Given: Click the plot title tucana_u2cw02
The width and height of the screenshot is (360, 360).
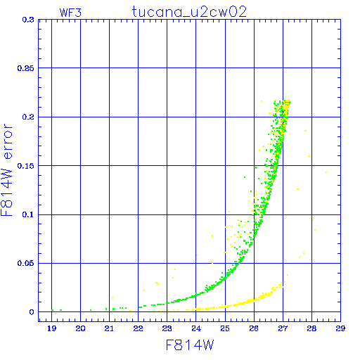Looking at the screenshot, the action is point(189,12).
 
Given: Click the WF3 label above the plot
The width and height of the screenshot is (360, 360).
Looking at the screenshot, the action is point(70,13).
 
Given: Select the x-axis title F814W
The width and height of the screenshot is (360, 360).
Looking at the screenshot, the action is point(190,345).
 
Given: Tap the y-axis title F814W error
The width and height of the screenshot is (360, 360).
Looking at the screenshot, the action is point(6,170).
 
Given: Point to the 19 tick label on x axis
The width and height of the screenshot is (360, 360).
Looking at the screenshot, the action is point(52,328).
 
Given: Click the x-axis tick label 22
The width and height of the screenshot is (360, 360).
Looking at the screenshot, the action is point(139,328).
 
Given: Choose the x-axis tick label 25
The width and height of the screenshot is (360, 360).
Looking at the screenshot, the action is point(225,328).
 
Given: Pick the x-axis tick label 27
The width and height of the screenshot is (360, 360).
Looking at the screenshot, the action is point(283,328).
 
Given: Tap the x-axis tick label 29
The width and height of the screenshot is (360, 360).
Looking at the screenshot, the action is point(340,328).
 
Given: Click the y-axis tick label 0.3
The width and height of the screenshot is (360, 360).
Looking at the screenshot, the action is point(28,20).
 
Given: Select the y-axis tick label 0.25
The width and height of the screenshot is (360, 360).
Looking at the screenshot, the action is point(26,68).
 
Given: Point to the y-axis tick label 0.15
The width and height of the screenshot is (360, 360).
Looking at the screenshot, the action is point(26,166).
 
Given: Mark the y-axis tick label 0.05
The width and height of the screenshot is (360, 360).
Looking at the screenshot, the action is point(26,263).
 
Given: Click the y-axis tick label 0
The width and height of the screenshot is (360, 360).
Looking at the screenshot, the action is point(32,312).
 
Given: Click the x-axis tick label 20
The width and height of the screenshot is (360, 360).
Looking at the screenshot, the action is point(80,328).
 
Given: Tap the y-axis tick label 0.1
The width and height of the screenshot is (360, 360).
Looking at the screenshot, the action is point(28,214).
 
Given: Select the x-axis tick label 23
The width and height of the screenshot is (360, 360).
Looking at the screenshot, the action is point(167,328).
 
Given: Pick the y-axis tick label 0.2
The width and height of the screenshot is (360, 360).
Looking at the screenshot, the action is point(28,117).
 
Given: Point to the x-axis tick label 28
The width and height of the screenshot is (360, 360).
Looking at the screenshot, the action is point(311,328).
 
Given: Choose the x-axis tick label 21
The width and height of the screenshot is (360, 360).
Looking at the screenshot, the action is point(109,328).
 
